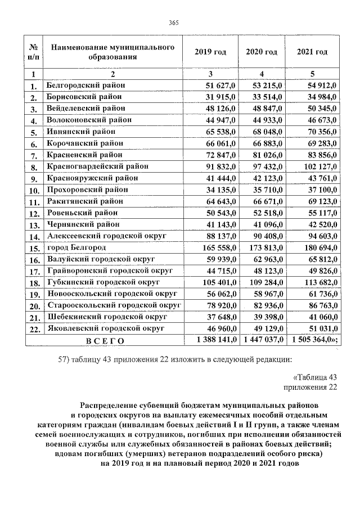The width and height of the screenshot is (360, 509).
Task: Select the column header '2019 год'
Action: tap(210, 52)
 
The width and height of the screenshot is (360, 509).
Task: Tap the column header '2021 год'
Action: tap(312, 52)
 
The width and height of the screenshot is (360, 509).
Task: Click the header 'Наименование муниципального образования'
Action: tap(112, 52)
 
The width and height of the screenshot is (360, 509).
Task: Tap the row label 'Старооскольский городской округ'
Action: tap(114, 305)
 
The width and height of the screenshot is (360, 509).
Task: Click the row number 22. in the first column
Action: tap(34, 328)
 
